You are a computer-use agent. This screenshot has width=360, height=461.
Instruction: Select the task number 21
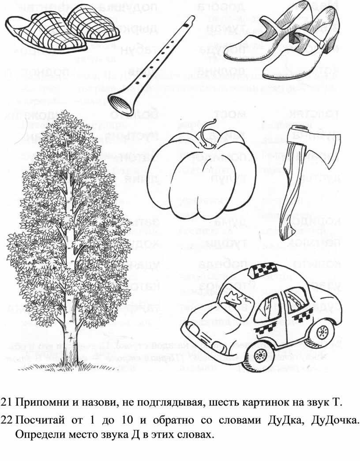[x=7, y=402]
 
